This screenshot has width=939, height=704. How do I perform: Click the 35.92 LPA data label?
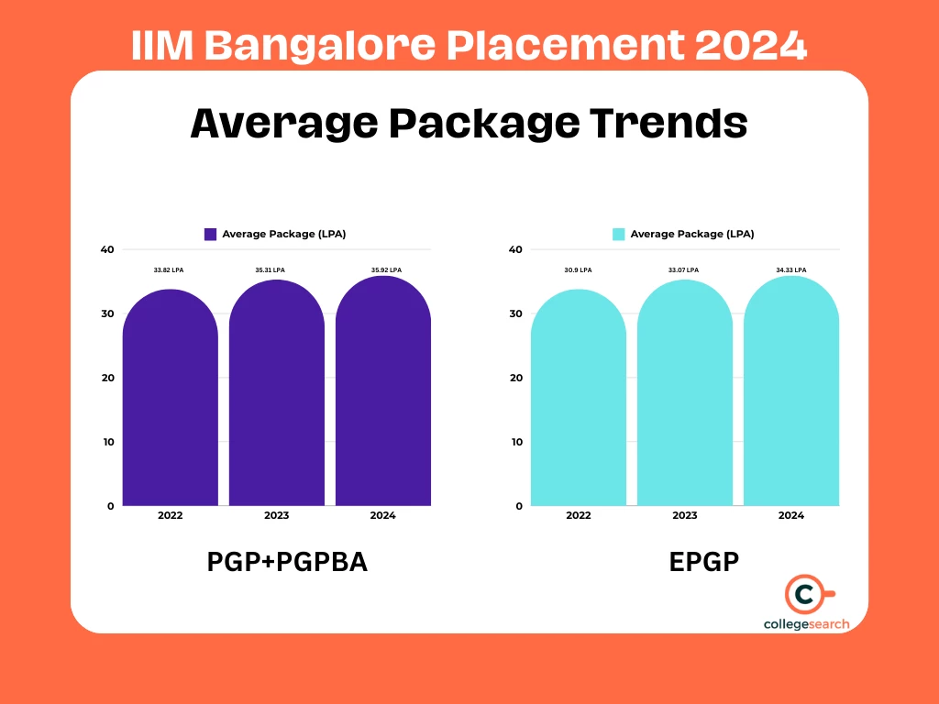tap(386, 269)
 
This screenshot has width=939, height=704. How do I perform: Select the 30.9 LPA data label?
tap(578, 269)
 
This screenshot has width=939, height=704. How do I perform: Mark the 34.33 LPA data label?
tap(790, 269)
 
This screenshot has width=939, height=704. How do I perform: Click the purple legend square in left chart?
tap(210, 234)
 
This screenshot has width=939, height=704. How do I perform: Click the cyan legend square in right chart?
tap(618, 234)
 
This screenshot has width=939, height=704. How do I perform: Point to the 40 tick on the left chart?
tap(107, 249)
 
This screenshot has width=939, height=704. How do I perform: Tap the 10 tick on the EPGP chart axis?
tap(515, 442)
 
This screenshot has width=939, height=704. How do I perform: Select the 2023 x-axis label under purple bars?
tap(276, 515)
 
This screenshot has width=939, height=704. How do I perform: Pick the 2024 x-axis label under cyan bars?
tap(790, 515)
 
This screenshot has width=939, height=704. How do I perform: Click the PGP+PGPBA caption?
tap(287, 561)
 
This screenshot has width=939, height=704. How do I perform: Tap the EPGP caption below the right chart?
tap(704, 561)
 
